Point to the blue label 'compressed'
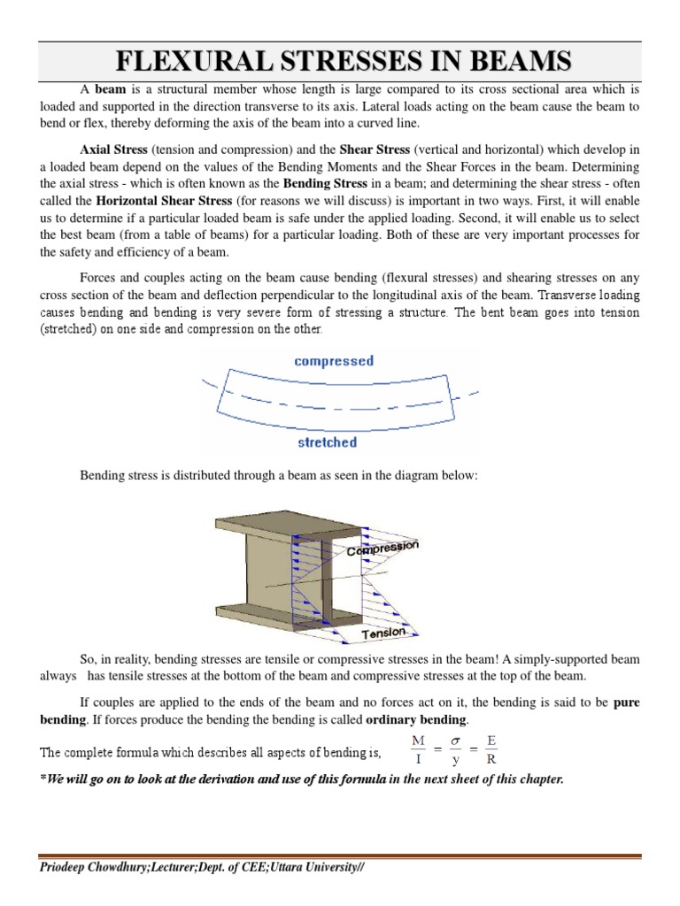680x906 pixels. (334, 361)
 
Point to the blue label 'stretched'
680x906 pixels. (328, 441)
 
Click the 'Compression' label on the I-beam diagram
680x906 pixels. (382, 549)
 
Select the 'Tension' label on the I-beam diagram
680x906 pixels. (384, 633)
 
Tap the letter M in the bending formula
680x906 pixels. (418, 740)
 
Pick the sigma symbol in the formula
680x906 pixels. (456, 740)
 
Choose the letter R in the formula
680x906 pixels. (491, 759)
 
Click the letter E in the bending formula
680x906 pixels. (491, 740)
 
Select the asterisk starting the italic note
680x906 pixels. (43, 779)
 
